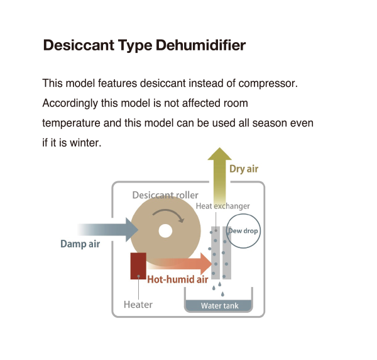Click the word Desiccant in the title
79,45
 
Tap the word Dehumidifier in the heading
201,45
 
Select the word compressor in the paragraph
268,84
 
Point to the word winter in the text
85,143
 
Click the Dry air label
244,169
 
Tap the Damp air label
80,244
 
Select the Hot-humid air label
178,279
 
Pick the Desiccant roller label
165,195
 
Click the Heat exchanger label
223,206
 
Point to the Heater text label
138,305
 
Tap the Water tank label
220,306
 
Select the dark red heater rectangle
138,266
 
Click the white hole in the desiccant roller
165,231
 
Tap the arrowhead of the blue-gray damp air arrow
132,230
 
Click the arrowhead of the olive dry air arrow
219,154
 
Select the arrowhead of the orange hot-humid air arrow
206,264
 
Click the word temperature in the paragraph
71,123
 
